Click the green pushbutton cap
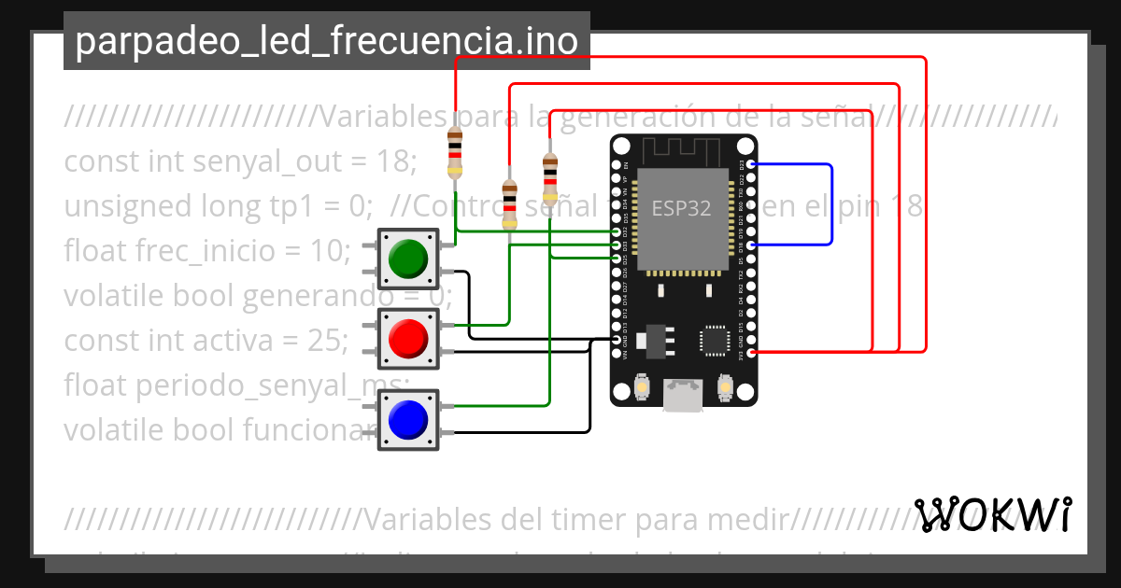[408, 258]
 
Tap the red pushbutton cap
[408, 338]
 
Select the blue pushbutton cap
[408, 419]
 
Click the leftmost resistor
[455, 152]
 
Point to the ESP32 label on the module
[681, 208]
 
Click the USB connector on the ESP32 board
[684, 395]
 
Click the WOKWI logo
[993, 514]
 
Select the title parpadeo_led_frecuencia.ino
[326, 41]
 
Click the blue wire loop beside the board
[830, 204]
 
